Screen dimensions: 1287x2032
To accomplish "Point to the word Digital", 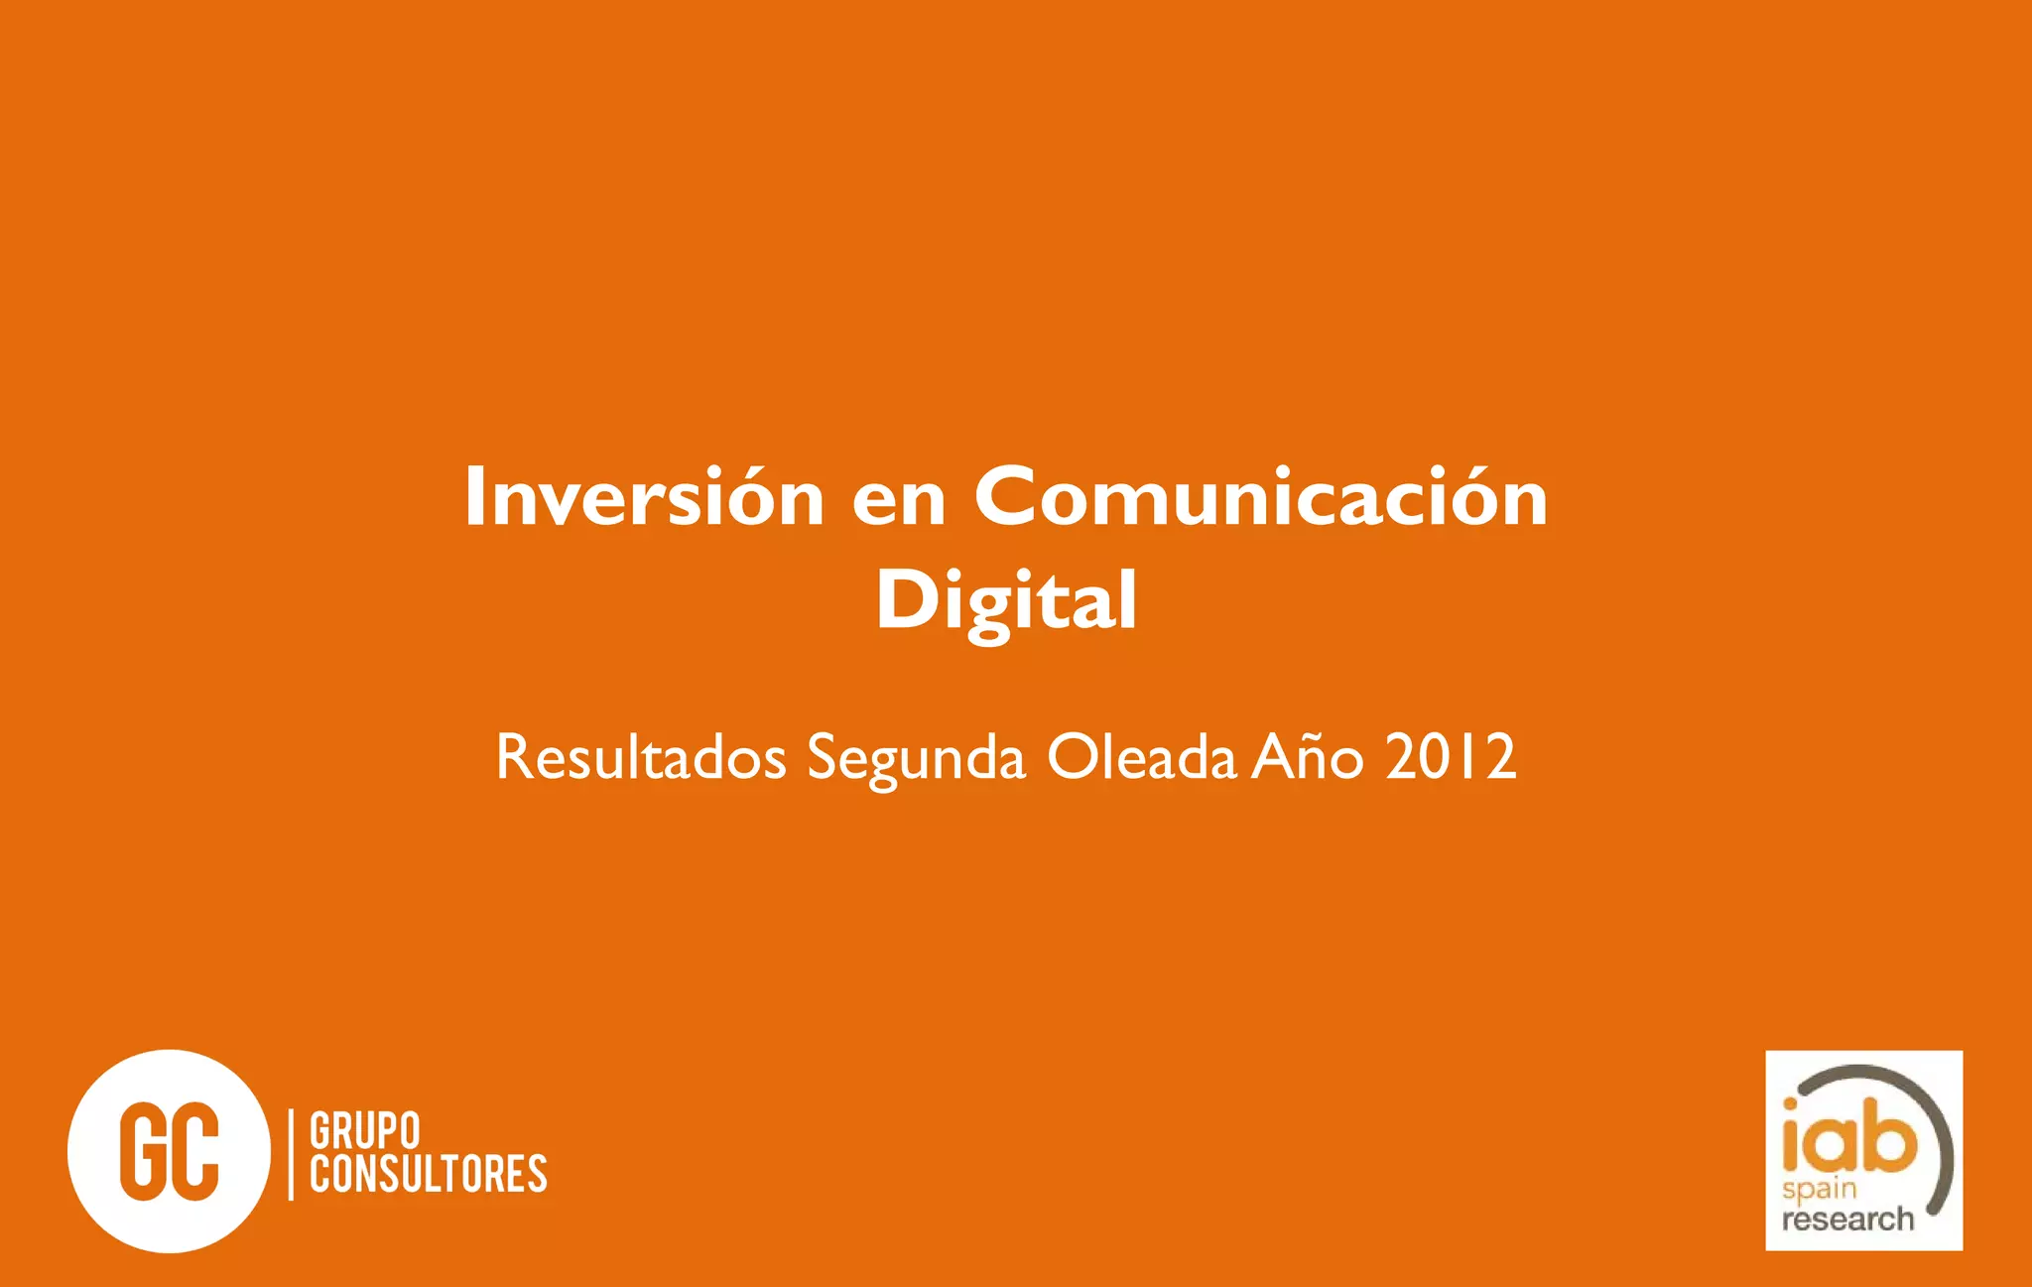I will coord(1006,601).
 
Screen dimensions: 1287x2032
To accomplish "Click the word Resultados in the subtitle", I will coord(641,758).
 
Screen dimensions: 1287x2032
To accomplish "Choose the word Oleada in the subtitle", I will coord(1141,758).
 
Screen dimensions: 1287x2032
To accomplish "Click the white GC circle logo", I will coord(169,1151).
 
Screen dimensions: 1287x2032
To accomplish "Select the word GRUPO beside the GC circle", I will coord(365,1131).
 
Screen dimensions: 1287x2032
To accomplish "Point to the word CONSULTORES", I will coord(428,1174).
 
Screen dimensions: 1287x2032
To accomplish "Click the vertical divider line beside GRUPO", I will coord(291,1154).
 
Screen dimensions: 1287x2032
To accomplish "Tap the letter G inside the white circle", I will coord(142,1151).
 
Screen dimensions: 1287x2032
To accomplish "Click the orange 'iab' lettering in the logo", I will coord(1848,1137).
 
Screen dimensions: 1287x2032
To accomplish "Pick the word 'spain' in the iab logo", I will coord(1819,1189).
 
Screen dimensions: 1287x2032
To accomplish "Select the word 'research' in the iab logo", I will coord(1846,1219).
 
